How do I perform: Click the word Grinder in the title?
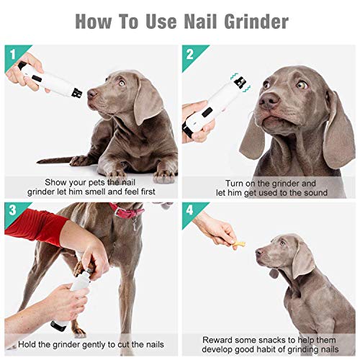[x=256, y=22]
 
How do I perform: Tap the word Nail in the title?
[x=201, y=21]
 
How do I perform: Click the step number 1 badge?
[x=13, y=54]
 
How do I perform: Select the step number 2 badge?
[x=190, y=54]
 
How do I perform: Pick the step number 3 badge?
[x=12, y=210]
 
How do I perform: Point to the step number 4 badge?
[x=189, y=210]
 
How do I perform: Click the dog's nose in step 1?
[x=92, y=93]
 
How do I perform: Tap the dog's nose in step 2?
[x=269, y=100]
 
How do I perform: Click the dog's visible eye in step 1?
[x=122, y=83]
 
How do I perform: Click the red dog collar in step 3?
[x=127, y=211]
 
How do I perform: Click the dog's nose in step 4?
[x=259, y=252]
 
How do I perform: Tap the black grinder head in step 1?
[x=77, y=93]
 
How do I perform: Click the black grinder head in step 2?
[x=240, y=82]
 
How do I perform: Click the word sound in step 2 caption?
[x=315, y=193]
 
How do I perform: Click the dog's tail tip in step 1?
[x=38, y=161]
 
